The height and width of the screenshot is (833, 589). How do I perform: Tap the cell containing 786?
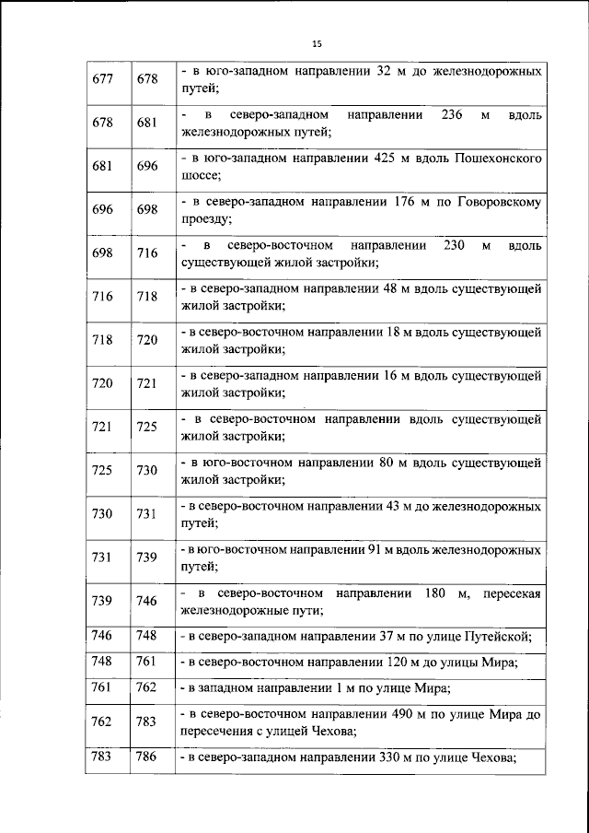point(147,757)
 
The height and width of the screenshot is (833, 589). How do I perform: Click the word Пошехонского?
point(498,158)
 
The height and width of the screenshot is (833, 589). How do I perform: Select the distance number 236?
point(452,115)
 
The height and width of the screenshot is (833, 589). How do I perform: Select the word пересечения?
point(219,731)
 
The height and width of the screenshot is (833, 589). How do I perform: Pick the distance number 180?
point(437,592)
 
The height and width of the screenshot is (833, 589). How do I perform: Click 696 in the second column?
point(147,167)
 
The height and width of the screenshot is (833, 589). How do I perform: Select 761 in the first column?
point(103,687)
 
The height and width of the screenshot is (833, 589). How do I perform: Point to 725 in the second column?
point(147,427)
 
